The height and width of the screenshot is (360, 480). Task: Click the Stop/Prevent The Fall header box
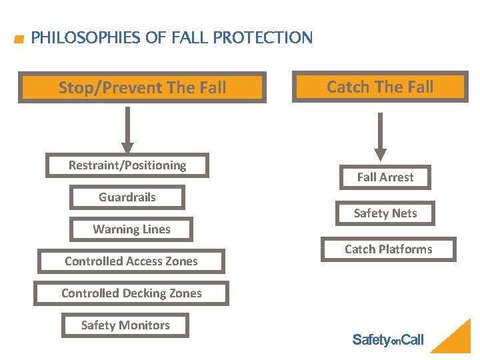click(x=142, y=87)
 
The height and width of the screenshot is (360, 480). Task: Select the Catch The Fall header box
click(x=380, y=87)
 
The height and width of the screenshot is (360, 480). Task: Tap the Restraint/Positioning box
click(x=127, y=165)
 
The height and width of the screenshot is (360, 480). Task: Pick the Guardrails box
click(x=127, y=197)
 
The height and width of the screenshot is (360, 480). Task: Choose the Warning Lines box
click(x=131, y=229)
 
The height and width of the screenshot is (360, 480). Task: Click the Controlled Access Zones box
click(x=131, y=261)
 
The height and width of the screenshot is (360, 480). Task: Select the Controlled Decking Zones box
click(x=131, y=293)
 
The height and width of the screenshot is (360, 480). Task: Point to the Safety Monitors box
click(x=125, y=325)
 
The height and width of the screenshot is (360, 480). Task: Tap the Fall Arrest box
click(x=385, y=177)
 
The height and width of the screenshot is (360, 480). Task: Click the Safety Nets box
click(x=385, y=213)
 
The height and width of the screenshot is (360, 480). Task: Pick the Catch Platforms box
click(x=388, y=249)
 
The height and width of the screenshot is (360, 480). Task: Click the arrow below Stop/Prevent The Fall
click(x=127, y=130)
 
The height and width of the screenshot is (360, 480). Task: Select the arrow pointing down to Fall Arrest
click(x=380, y=137)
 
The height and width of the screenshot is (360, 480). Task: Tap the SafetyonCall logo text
click(x=387, y=340)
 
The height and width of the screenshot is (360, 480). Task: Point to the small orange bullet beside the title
click(x=19, y=39)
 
